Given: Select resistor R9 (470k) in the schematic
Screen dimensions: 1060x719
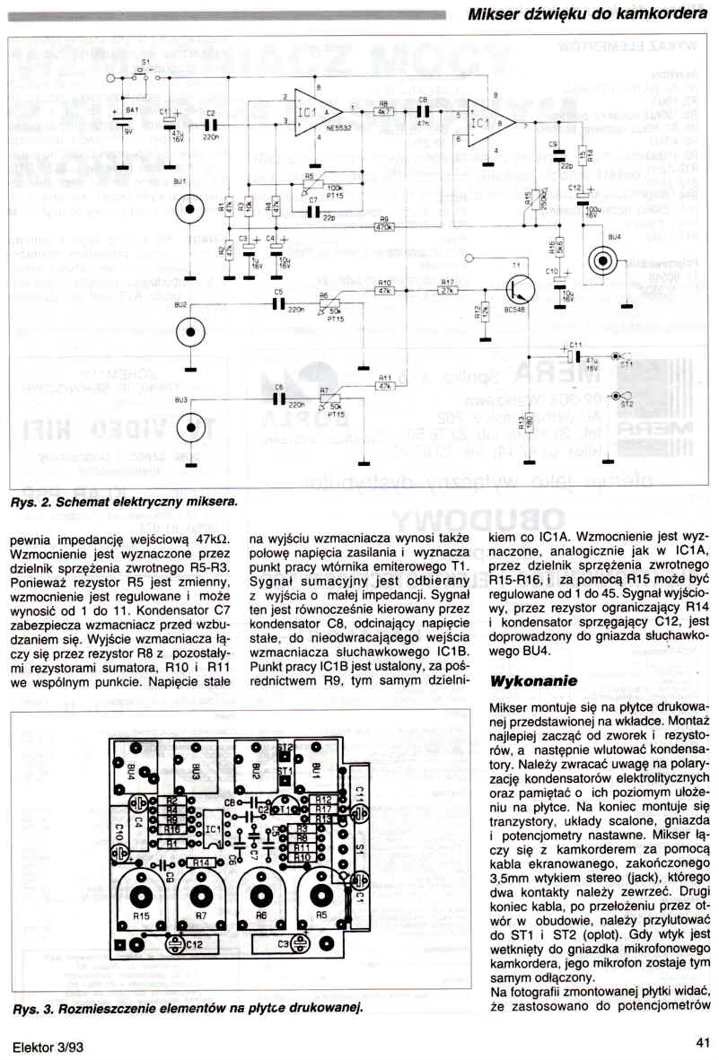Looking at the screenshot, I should coord(384,228).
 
